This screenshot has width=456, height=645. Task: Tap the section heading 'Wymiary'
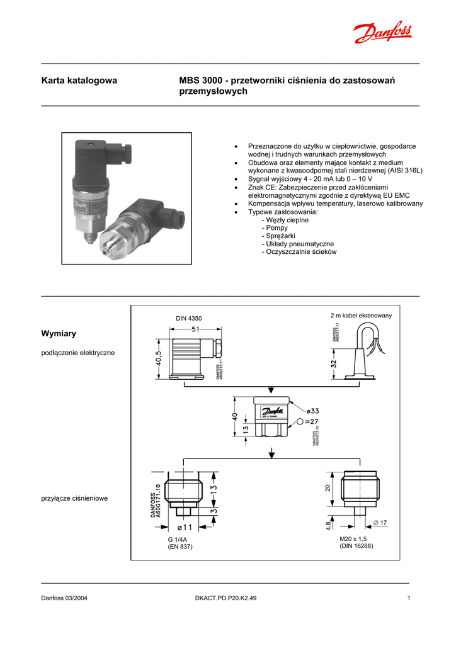tap(59, 333)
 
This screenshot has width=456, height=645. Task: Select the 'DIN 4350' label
tap(188, 318)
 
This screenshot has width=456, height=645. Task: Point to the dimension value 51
tap(195, 329)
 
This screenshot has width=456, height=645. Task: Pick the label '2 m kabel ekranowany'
tap(361, 315)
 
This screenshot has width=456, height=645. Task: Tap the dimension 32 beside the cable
tap(333, 364)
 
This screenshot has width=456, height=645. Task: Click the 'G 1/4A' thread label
tap(178, 540)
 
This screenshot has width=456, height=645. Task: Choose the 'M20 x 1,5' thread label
tap(354, 539)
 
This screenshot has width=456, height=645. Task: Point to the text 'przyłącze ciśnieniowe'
tap(74, 498)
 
